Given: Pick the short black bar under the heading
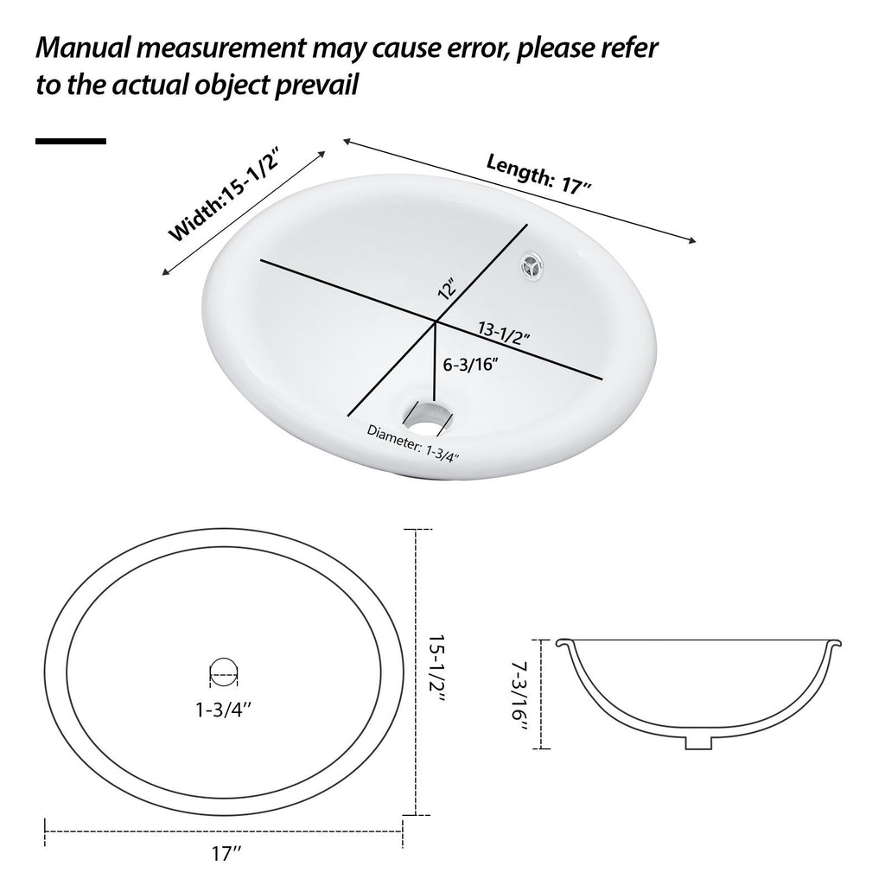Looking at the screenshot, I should pos(70,140).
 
